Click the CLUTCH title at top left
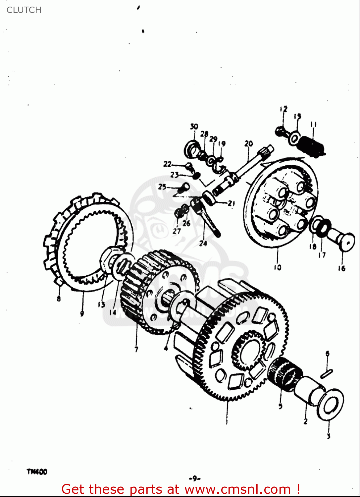point(24,10)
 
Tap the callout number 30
point(194,127)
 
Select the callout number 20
point(248,143)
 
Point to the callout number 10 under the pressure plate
point(277,267)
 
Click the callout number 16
point(341,268)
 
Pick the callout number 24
point(203,244)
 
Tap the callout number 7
point(136,349)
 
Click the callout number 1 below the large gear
point(227,422)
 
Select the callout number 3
point(329,436)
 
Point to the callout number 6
point(327,354)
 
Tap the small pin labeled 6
point(327,373)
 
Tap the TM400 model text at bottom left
point(37,471)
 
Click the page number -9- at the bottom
point(195,478)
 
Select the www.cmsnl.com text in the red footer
point(237,489)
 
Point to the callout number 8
point(59,299)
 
